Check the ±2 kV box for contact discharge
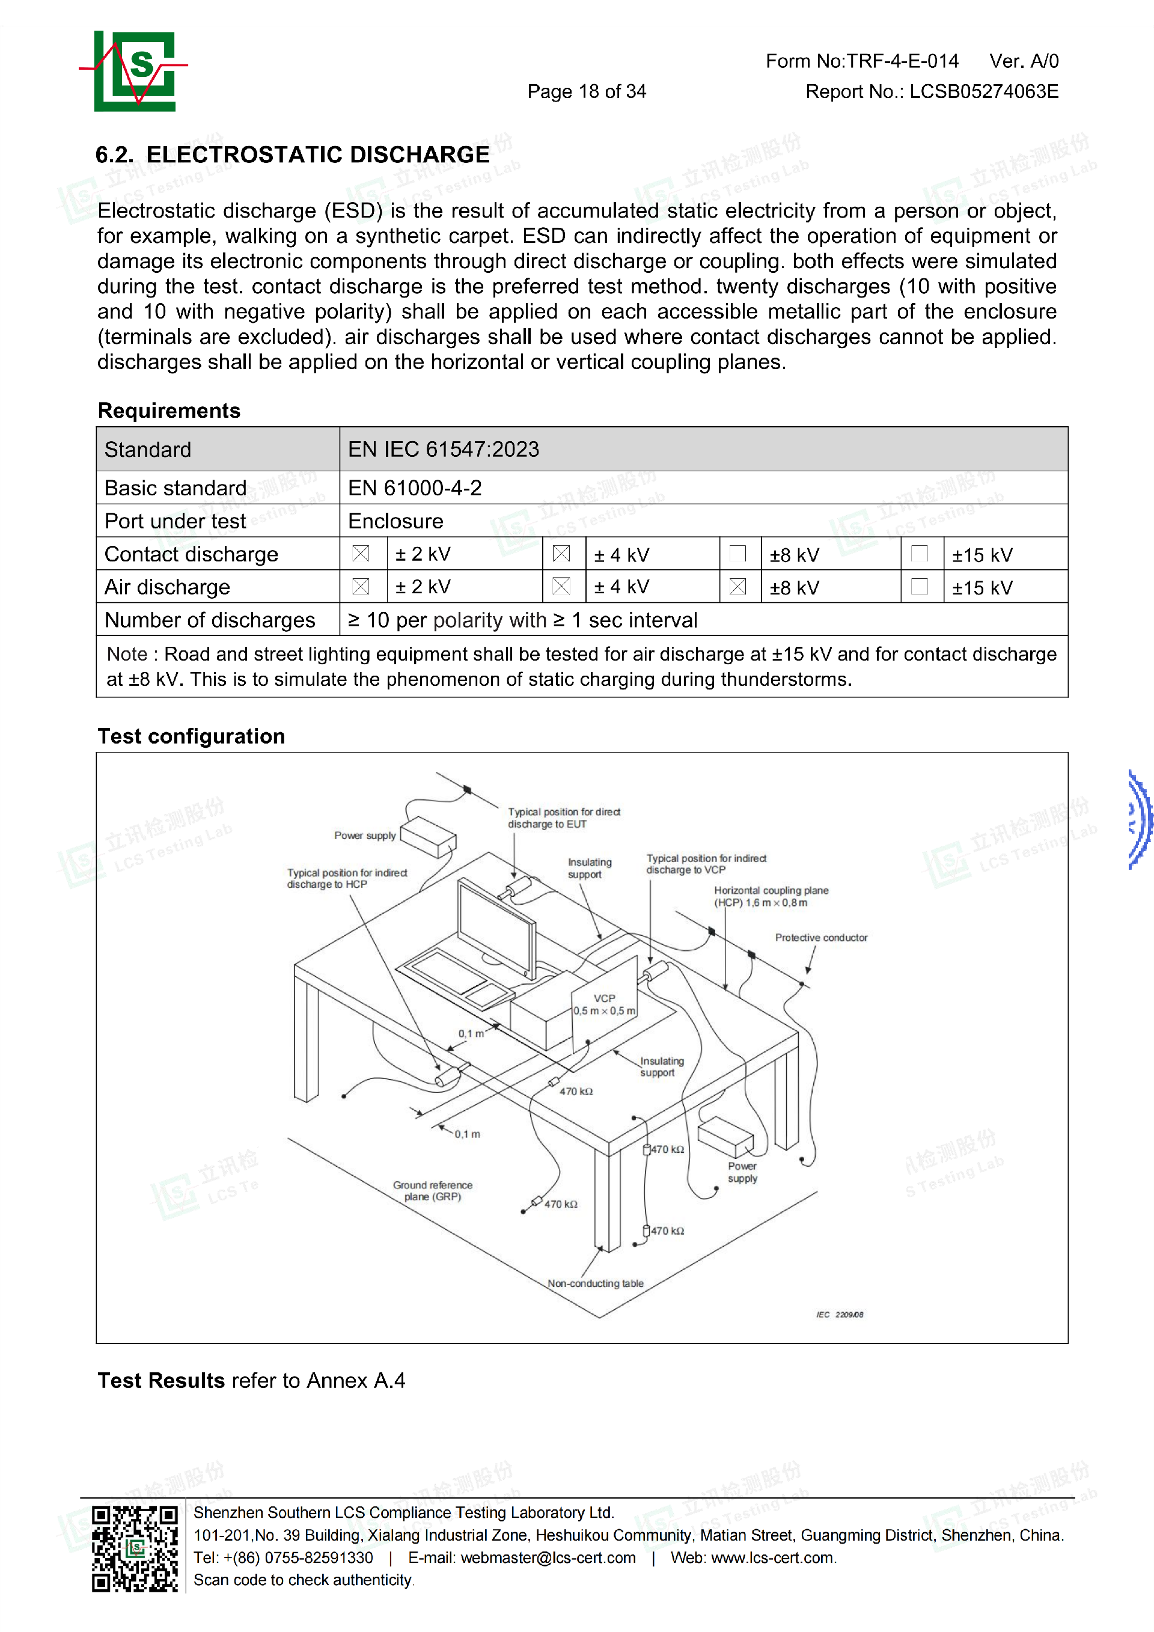[x=361, y=554]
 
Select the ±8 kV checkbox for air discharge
[x=737, y=587]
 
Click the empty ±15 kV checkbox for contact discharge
[x=920, y=554]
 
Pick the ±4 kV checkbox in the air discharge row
[x=561, y=587]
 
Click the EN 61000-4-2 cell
[x=415, y=488]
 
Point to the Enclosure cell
[x=396, y=521]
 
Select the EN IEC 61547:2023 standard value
[x=444, y=449]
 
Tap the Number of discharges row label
[x=210, y=620]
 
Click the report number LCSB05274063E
[x=983, y=92]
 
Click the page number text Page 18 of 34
[x=586, y=92]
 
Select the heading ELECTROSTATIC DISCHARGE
[x=317, y=154]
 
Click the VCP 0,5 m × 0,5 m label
[x=605, y=1004]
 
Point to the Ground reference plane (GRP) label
[x=433, y=1191]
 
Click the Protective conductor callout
[x=821, y=938]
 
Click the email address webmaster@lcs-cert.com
[x=548, y=1557]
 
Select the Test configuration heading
[x=191, y=736]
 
